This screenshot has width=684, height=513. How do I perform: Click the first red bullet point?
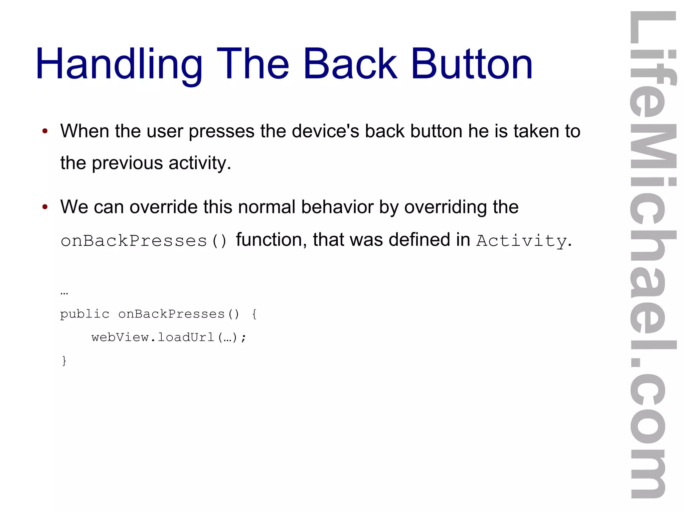pyautogui.click(x=45, y=131)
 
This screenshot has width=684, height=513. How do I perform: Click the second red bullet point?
pyautogui.click(x=45, y=207)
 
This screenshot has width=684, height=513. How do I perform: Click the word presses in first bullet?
pyautogui.click(x=221, y=132)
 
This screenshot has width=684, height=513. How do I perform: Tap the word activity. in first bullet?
pyautogui.click(x=199, y=163)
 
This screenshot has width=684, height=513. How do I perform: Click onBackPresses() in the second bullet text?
pyautogui.click(x=144, y=241)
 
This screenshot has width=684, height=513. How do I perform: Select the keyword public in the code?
pyautogui.click(x=84, y=314)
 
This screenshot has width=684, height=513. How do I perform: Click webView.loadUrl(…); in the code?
pyautogui.click(x=169, y=338)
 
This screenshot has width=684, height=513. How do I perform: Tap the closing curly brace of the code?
pyautogui.click(x=64, y=361)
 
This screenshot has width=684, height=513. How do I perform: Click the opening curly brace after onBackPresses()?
pyautogui.click(x=254, y=314)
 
